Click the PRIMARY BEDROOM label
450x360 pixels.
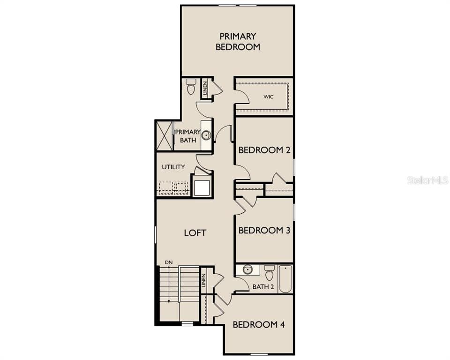click(238, 41)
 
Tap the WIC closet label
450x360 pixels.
click(268, 97)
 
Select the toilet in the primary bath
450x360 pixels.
click(191, 86)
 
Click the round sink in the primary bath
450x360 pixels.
click(206, 135)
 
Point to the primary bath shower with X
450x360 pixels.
click(165, 136)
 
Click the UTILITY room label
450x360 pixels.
click(173, 167)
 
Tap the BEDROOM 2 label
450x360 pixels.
click(264, 150)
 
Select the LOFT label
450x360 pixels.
click(195, 232)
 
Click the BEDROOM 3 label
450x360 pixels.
click(264, 230)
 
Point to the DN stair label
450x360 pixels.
click(168, 262)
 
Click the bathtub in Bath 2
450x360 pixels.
click(285, 279)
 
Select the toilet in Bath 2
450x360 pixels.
click(269, 273)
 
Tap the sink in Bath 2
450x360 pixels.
click(247, 270)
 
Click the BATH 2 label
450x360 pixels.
click(263, 286)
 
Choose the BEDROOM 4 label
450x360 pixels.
click(258, 324)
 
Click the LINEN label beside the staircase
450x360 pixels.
click(203, 280)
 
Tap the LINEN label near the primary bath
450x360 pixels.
click(205, 88)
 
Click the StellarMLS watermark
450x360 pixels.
click(427, 180)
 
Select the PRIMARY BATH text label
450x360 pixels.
click(187, 136)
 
